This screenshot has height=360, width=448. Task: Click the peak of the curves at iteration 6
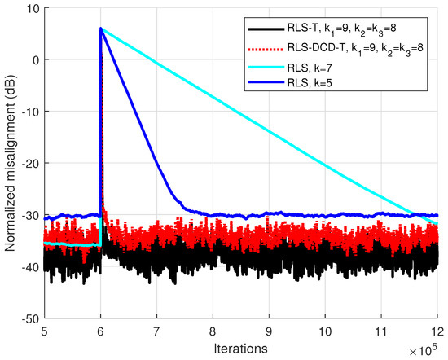[101, 29]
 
